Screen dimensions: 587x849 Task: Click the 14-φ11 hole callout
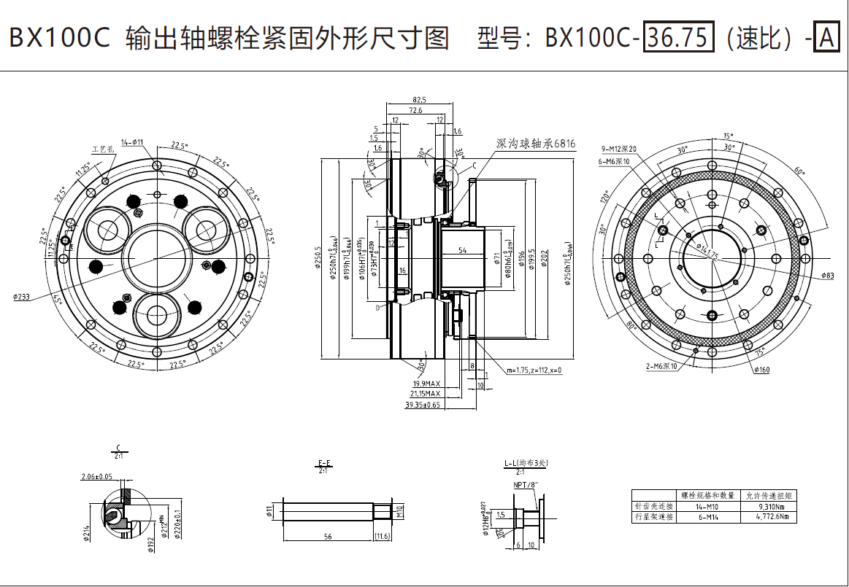[x=132, y=142]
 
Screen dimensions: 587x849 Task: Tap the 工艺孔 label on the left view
[x=102, y=149]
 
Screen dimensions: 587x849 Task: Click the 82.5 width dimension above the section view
[x=419, y=99]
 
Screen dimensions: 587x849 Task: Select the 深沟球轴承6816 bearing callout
[x=535, y=144]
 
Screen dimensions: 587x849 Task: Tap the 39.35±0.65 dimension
[x=423, y=404]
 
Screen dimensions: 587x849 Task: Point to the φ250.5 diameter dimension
[x=319, y=259]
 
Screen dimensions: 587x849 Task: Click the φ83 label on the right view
[x=827, y=276]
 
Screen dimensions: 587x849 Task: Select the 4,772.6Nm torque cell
[x=768, y=517]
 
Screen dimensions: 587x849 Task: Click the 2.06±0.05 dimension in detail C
[x=97, y=477]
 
